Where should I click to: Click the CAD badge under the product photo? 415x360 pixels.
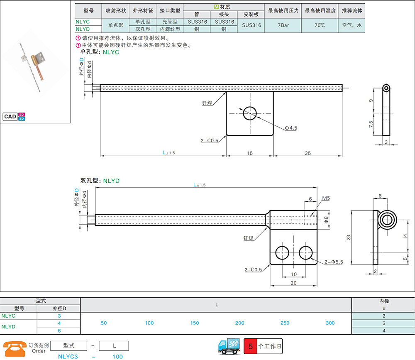tap(14, 117)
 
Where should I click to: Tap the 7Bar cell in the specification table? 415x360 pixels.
tap(283, 25)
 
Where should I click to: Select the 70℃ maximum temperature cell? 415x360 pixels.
tap(320, 25)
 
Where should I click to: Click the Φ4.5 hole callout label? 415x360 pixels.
tap(291, 128)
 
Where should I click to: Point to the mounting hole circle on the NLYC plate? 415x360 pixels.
tap(249, 113)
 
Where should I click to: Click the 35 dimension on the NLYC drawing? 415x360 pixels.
tap(308, 153)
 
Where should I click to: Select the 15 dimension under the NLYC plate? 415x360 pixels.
tap(249, 153)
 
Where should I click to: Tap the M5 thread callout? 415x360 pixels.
tap(326, 198)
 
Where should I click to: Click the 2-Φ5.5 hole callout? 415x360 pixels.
tap(334, 262)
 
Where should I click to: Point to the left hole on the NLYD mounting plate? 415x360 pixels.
tap(282, 253)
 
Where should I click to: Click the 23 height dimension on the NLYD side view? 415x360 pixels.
tap(349, 238)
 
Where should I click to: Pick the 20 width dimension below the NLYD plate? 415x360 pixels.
tap(293, 283)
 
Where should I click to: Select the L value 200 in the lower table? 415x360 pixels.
tap(240, 323)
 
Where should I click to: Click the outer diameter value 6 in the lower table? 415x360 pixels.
tap(59, 331)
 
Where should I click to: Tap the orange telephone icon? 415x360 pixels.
tap(15, 349)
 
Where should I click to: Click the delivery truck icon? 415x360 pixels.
tap(229, 346)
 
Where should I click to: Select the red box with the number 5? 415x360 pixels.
tap(250, 346)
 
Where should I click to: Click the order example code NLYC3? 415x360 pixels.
tap(68, 357)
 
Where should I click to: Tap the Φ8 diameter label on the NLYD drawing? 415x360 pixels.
tap(326, 220)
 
